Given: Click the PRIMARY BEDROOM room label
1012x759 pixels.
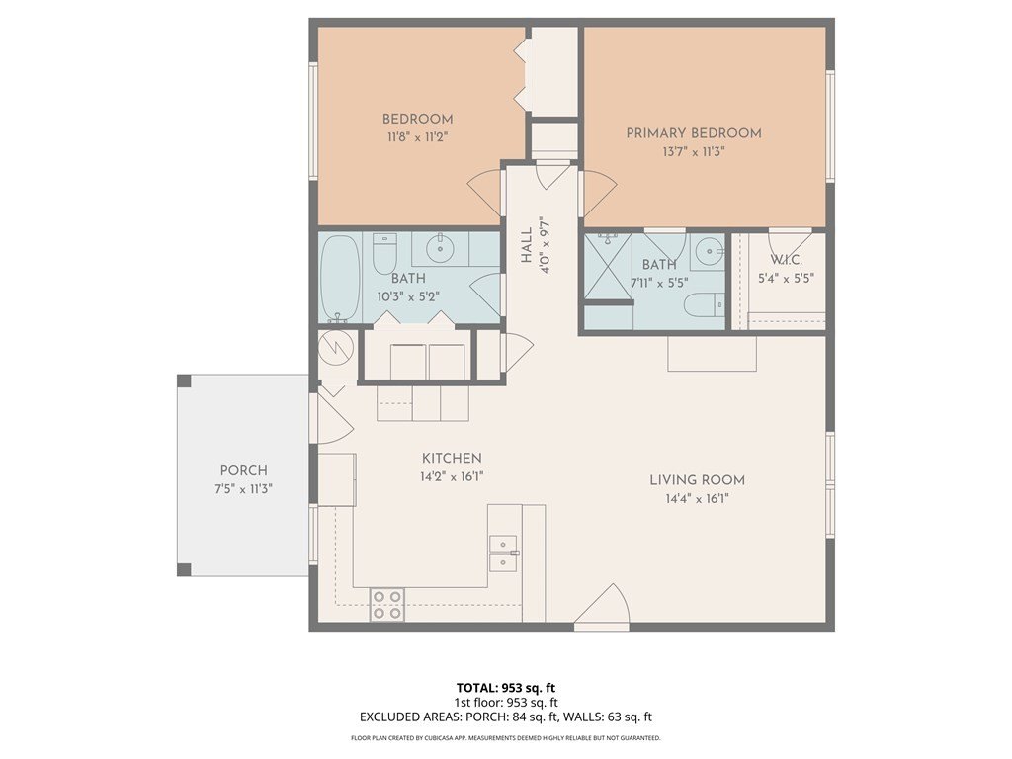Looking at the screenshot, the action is (x=694, y=133).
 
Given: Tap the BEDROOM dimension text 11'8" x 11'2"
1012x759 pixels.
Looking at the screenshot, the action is (x=418, y=137).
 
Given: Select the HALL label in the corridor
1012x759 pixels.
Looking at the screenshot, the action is (x=527, y=245).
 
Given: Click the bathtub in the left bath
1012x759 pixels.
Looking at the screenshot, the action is (x=340, y=278).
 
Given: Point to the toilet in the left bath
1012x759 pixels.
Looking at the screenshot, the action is (x=384, y=253).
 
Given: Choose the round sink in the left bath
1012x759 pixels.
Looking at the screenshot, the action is (x=440, y=248).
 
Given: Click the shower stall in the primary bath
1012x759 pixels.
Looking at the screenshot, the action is (x=608, y=267).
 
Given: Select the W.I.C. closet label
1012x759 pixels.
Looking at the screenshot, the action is (x=786, y=260).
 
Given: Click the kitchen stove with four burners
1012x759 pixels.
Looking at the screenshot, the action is (x=387, y=605).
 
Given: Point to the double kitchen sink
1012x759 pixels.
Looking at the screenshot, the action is (x=503, y=553).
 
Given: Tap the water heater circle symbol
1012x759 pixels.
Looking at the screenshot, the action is (x=336, y=349).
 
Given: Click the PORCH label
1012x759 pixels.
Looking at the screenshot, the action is (x=243, y=470).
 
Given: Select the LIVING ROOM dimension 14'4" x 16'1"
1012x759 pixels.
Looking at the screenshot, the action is (x=697, y=498).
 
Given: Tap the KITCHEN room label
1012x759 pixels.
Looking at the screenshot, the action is (x=452, y=459).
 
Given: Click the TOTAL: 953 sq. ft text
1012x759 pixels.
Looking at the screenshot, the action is (x=506, y=688).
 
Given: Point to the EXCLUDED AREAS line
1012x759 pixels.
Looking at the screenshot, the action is (x=506, y=717).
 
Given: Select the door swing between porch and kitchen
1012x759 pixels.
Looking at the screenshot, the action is (x=332, y=418).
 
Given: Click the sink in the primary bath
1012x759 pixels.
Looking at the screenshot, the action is (x=710, y=250).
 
